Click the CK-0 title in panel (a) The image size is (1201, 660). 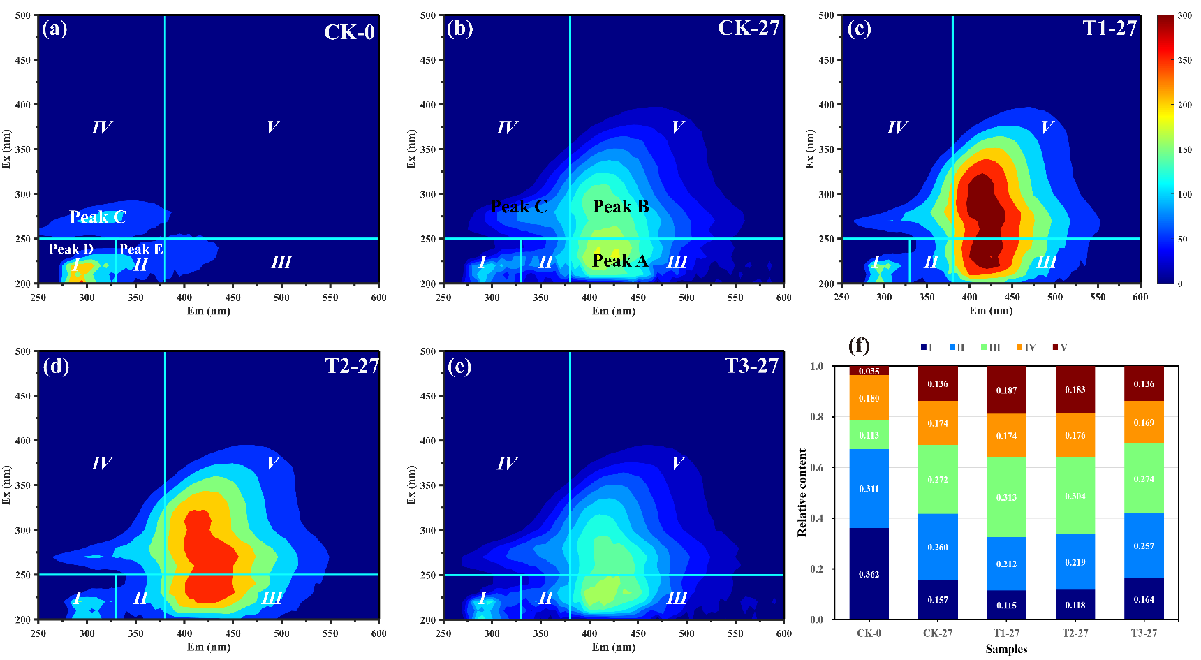tap(349, 31)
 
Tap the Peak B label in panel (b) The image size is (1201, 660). tap(621, 206)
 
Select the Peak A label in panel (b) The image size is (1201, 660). tap(620, 261)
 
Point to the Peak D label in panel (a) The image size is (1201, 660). tap(71, 249)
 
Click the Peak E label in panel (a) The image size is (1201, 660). tap(141, 249)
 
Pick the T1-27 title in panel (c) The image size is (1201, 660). tap(1110, 28)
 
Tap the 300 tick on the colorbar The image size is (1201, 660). tap(1185, 15)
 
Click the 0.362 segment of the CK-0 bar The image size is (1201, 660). tap(869, 573)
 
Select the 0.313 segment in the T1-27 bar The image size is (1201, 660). tap(1006, 497)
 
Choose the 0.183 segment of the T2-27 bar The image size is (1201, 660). tap(1075, 390)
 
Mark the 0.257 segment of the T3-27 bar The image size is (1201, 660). tap(1143, 545)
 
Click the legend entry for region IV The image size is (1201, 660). tap(1026, 347)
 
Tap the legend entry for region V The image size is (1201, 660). tap(1060, 347)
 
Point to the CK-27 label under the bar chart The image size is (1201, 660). tap(937, 633)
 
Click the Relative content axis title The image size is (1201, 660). tap(802, 492)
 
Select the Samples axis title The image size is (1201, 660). tap(1006, 649)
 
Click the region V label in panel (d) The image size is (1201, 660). tap(272, 463)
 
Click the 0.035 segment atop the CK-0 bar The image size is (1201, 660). tap(869, 371)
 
